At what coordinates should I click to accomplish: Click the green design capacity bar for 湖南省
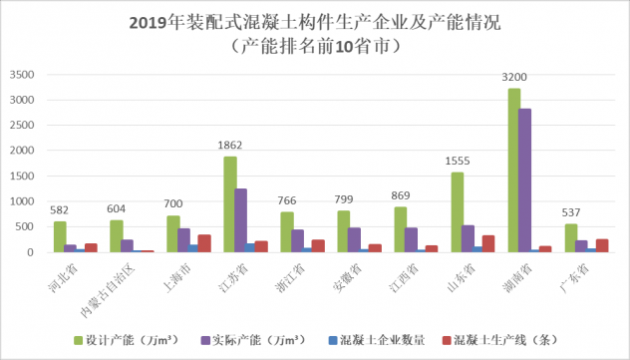[x=514, y=171]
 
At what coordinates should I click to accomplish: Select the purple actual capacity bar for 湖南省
[x=524, y=180]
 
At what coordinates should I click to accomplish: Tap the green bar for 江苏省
[x=230, y=204]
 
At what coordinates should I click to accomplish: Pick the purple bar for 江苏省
[x=240, y=220]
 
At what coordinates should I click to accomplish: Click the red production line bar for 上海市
[x=204, y=243]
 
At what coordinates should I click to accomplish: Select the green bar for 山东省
[x=458, y=212]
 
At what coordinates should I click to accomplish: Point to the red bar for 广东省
[x=602, y=246]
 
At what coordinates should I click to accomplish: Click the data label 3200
[x=514, y=77]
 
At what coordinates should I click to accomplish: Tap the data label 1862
[x=230, y=145]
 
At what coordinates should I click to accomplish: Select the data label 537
[x=571, y=212]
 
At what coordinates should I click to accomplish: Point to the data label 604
[x=116, y=209]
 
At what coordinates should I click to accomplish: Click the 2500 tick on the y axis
[x=22, y=126]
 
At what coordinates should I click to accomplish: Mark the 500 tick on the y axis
[x=25, y=227]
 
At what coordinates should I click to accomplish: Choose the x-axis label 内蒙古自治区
[x=108, y=292]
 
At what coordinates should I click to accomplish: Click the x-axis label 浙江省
[x=290, y=278]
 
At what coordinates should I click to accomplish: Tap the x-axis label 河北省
[x=63, y=278]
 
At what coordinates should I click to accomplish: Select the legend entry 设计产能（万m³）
[x=127, y=340]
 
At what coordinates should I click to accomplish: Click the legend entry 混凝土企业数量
[x=377, y=340]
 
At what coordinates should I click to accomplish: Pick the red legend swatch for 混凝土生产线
[x=447, y=341]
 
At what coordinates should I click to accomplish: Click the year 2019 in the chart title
[x=148, y=23]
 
